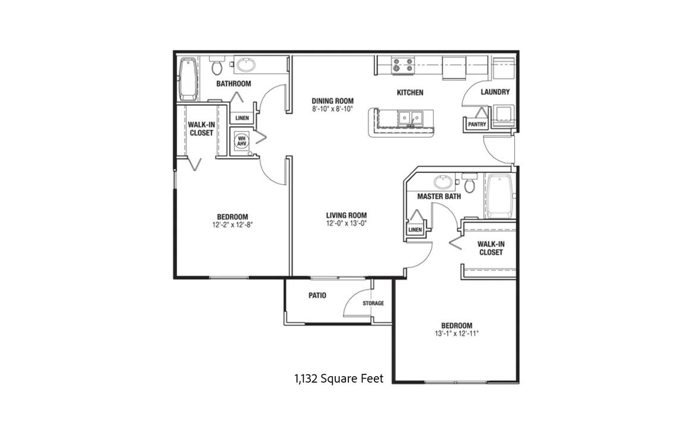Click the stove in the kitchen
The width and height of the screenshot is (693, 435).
click(x=402, y=65)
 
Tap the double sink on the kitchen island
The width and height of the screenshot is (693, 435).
click(x=410, y=118)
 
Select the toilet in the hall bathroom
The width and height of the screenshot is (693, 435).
click(x=217, y=66)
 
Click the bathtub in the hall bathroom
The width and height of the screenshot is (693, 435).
click(x=188, y=78)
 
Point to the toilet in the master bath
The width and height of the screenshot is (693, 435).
click(x=470, y=182)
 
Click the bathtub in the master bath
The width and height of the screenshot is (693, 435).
click(x=500, y=196)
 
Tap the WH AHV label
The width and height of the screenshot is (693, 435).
click(x=241, y=141)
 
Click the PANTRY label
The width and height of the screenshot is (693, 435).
click(x=477, y=124)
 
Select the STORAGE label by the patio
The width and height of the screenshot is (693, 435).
click(x=373, y=303)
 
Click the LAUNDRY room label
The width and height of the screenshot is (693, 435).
click(x=495, y=92)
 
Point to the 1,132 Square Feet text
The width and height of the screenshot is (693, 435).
click(x=339, y=379)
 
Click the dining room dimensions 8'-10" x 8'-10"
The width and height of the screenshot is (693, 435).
click(x=332, y=109)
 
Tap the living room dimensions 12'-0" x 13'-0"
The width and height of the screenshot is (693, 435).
click(x=346, y=223)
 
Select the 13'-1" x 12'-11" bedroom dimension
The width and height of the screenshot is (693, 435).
click(x=456, y=334)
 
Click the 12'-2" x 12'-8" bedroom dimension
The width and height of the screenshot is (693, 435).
click(x=232, y=225)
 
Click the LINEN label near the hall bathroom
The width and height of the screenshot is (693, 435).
click(x=242, y=118)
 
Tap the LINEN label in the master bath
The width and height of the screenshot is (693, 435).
click(x=415, y=229)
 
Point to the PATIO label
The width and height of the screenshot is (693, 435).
click(x=317, y=295)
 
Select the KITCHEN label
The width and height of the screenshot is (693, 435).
click(x=410, y=92)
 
